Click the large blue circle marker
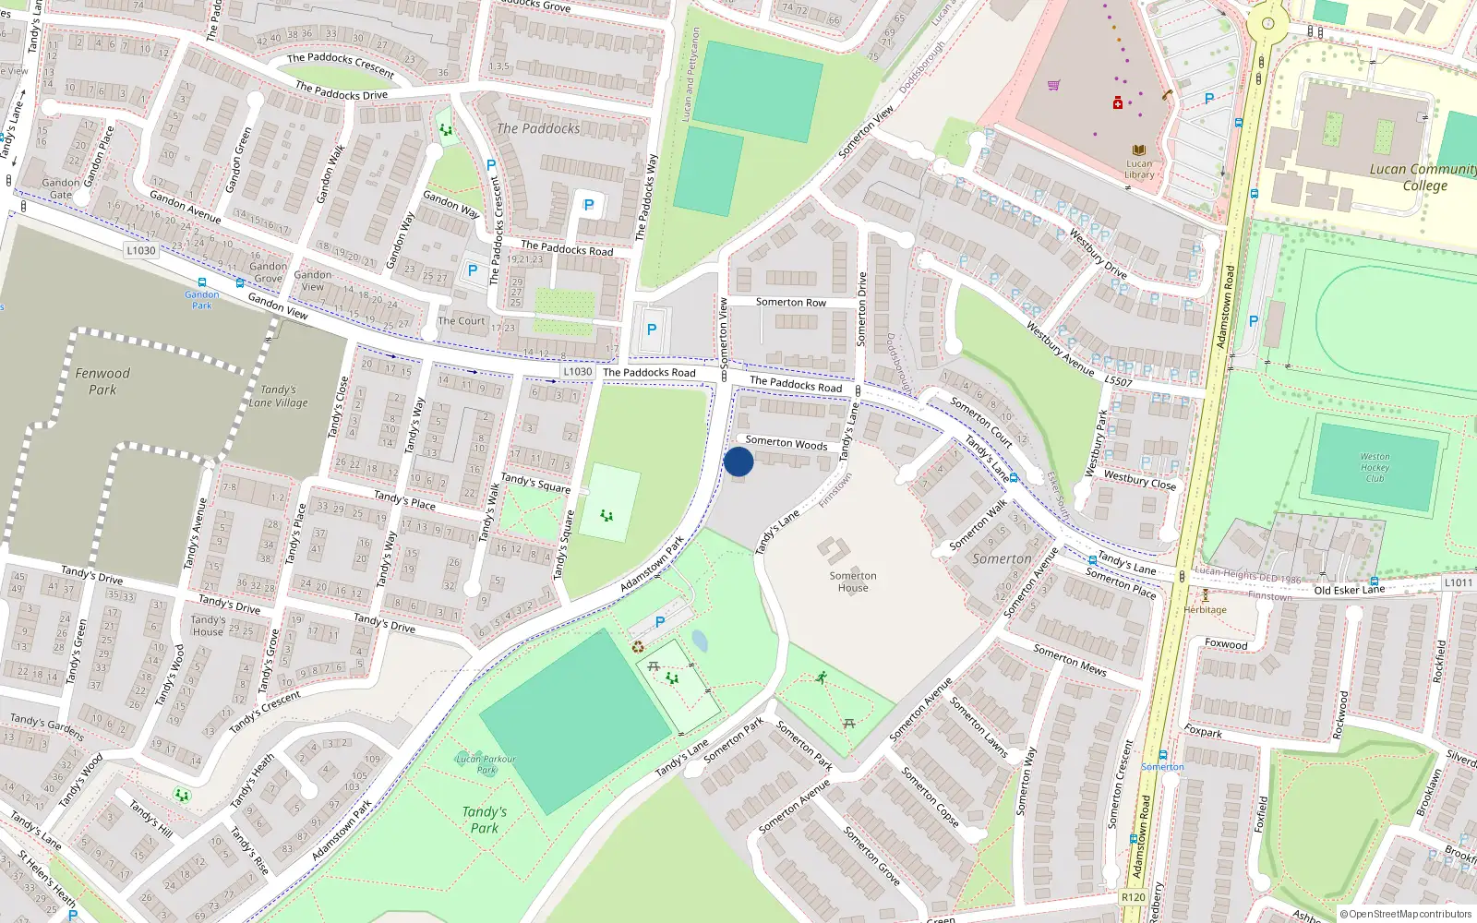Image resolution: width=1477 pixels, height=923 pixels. [x=738, y=461]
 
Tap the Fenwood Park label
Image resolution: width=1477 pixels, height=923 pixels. [x=102, y=381]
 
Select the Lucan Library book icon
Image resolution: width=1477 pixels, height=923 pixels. [x=1139, y=150]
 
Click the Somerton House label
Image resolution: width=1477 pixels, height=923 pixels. [x=853, y=581]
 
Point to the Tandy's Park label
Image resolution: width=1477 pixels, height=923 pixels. [x=485, y=820]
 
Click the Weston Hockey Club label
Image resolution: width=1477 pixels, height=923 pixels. [x=1375, y=467]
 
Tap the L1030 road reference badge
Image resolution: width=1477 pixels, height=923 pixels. [x=141, y=250]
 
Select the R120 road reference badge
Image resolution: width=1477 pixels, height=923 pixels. [x=1133, y=897]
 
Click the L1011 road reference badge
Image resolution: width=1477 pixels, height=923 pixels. [x=1459, y=582]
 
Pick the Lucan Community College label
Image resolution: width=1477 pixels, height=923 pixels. [x=1423, y=177]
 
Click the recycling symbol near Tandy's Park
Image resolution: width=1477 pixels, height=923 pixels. [x=638, y=646]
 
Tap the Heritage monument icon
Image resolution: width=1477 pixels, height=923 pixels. [x=1205, y=595]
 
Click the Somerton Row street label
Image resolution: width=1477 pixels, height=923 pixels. [x=790, y=302]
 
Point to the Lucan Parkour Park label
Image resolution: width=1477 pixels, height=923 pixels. [x=486, y=764]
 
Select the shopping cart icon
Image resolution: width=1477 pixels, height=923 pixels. [x=1053, y=86]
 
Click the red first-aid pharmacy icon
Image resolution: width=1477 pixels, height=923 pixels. [x=1118, y=102]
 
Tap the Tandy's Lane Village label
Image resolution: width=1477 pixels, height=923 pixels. [x=278, y=396]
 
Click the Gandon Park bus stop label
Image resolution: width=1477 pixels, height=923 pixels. [x=201, y=300]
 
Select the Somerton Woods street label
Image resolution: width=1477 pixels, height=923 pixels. [x=787, y=442]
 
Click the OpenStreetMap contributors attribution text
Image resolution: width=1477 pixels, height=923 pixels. [x=1405, y=915]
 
